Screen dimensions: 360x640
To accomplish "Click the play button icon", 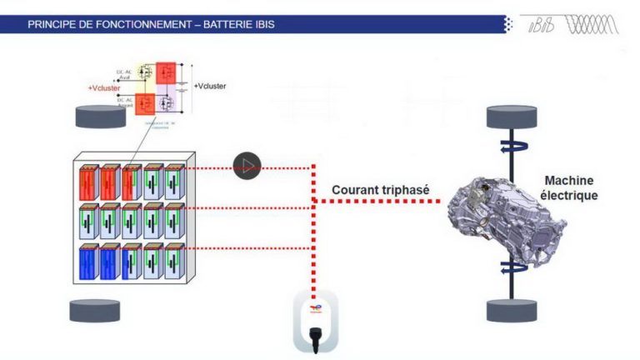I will [247, 165].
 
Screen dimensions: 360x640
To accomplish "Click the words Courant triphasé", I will [379, 190].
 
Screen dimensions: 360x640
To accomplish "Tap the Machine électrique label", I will [572, 187].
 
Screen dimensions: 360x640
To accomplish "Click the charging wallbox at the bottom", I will [314, 321].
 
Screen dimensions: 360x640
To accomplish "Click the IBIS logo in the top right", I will [571, 24].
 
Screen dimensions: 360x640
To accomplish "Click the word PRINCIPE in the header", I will [52, 24].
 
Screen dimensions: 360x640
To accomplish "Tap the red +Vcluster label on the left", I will [106, 87].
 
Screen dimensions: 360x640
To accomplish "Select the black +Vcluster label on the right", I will [209, 86].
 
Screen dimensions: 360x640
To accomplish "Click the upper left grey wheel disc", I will [99, 117].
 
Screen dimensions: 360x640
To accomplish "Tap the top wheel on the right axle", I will [510, 117].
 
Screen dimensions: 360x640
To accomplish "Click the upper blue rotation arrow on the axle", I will [510, 148].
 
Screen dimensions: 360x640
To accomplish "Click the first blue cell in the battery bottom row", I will [89, 262].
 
